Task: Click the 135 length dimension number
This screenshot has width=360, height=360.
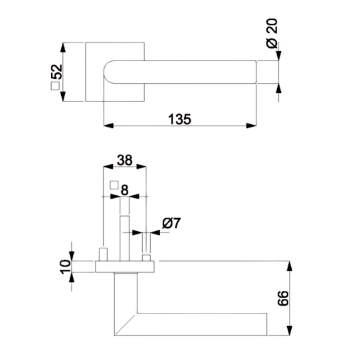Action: pos(180,119)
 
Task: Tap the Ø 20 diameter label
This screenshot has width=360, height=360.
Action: pos(272,33)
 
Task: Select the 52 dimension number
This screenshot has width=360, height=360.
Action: pos(57,72)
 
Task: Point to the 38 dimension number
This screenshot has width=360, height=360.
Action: pos(125,160)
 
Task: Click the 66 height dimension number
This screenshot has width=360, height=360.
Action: pos(283,298)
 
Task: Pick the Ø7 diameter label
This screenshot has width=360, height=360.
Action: pos(171,223)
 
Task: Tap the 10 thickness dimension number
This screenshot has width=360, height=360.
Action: pos(65,267)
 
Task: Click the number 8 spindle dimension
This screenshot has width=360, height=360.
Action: pos(125,190)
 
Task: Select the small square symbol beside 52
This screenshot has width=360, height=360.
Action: pos(55,86)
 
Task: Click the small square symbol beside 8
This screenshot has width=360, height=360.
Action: pos(114,185)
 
